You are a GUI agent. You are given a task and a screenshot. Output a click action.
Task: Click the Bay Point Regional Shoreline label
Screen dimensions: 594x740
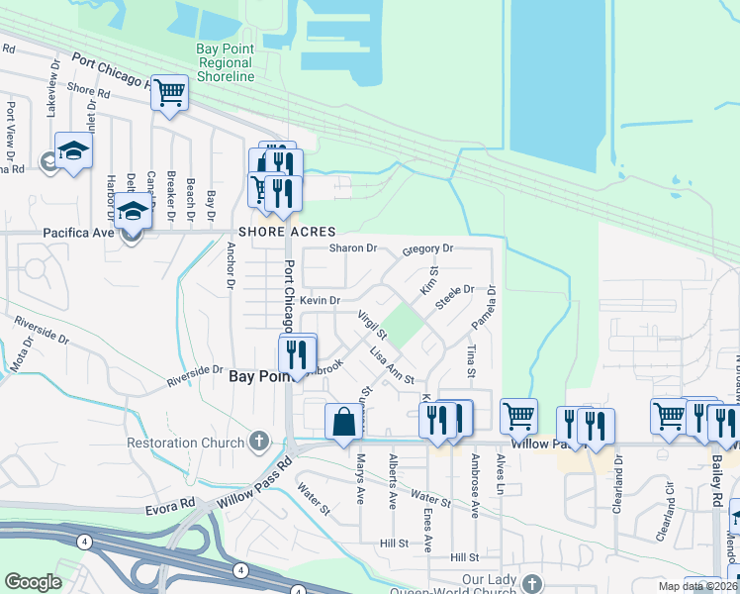pos(226,61)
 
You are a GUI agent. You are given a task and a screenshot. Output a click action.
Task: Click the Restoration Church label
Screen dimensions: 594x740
pos(185,443)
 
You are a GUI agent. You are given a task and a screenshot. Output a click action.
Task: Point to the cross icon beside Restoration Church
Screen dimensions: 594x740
pos(259,441)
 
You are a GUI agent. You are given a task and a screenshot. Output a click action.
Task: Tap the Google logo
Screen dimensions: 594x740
pos(34,582)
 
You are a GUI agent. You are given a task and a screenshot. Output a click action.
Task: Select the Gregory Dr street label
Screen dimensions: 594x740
pos(427,249)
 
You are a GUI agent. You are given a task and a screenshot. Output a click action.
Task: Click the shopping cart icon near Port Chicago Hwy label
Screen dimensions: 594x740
pos(170,94)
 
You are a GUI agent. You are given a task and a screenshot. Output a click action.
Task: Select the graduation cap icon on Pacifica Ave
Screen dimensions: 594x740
pos(133,212)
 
